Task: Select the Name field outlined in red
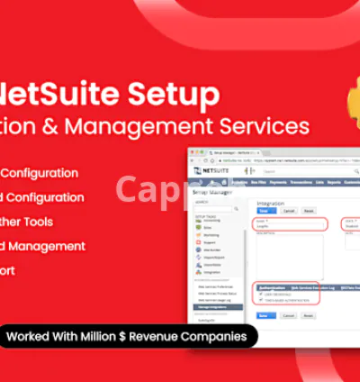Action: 290,224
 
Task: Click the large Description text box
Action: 290,257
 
